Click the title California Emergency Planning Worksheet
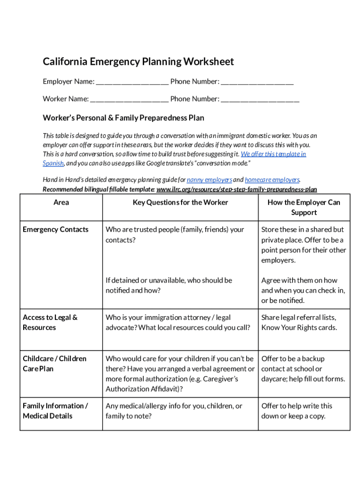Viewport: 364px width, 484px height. (138, 62)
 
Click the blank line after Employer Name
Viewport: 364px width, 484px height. (132, 82)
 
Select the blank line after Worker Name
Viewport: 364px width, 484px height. (129, 99)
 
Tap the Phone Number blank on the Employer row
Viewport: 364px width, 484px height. (257, 82)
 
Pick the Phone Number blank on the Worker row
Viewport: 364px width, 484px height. (260, 99)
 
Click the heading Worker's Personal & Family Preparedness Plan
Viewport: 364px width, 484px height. (123, 118)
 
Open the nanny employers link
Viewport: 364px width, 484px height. (209, 180)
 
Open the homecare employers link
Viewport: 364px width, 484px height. (272, 180)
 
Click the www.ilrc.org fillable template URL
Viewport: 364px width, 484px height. (236, 189)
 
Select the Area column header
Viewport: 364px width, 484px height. (61, 202)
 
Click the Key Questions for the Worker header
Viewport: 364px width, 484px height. (180, 202)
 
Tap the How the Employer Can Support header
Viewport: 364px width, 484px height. (303, 207)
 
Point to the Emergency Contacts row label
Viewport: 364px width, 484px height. (55, 230)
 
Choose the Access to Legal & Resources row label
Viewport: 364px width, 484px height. (50, 322)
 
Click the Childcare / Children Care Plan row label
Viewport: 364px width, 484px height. (54, 363)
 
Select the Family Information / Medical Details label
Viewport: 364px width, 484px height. (55, 411)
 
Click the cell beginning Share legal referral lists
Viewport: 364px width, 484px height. (299, 322)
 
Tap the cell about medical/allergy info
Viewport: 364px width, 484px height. (173, 411)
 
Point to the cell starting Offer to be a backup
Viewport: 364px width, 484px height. (303, 369)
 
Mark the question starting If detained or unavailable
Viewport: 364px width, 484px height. (169, 285)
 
